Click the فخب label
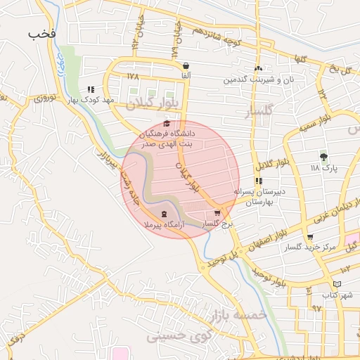point(41,33)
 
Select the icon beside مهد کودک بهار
point(91,89)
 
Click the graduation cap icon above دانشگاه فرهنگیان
point(166,123)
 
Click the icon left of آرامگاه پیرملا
point(164,214)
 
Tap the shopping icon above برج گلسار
point(217,213)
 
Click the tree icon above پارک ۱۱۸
point(323,157)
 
